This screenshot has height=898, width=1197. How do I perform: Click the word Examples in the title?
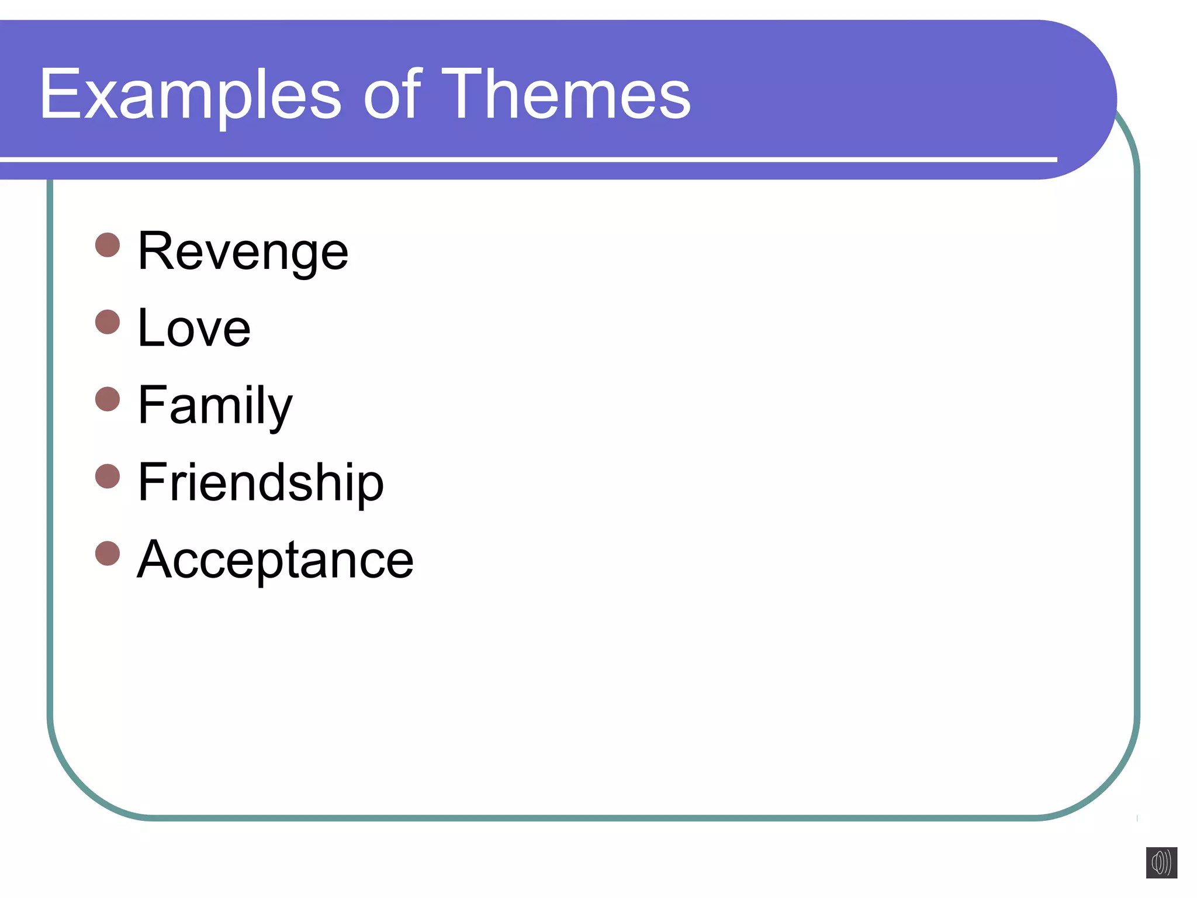tap(190, 95)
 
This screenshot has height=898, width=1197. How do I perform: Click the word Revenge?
tap(243, 251)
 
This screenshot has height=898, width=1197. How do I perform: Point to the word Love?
tap(194, 329)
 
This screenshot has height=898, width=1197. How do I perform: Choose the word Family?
tap(215, 406)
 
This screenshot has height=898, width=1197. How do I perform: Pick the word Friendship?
tap(261, 482)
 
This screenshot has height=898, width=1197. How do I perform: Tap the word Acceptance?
tap(275, 560)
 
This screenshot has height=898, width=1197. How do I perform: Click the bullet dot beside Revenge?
tap(108, 245)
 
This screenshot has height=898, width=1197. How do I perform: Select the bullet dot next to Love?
tap(108, 322)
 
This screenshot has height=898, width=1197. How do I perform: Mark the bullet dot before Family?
tap(108, 399)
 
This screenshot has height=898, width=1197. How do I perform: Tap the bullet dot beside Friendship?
tap(108, 476)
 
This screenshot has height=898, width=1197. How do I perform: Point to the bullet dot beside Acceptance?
tap(108, 553)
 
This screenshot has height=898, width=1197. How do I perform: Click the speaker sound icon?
tap(1161, 862)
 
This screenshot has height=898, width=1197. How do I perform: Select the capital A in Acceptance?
tap(157, 560)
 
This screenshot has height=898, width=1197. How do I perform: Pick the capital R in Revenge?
tap(157, 251)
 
